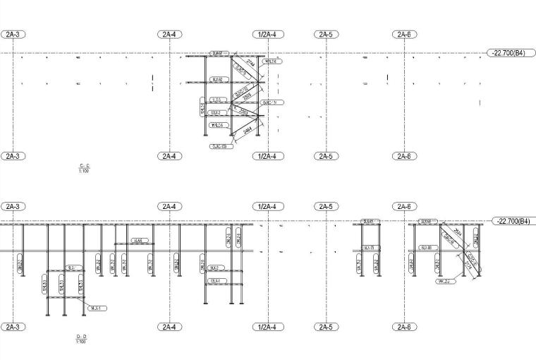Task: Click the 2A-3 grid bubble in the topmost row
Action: tap(13, 34)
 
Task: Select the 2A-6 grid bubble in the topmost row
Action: tap(403, 34)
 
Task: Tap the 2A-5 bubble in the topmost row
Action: tap(325, 34)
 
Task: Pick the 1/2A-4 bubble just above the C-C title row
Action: tap(267, 155)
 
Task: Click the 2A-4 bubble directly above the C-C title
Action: tap(169, 155)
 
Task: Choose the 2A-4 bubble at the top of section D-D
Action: tap(169, 207)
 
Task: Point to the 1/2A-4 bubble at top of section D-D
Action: tap(267, 207)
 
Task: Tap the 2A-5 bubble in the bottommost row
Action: tap(325, 327)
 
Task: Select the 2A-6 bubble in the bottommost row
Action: tap(403, 327)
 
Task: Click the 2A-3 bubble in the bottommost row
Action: tap(13, 327)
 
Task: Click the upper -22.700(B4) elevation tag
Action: tap(506, 53)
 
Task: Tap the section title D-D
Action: tap(81, 337)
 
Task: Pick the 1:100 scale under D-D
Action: tap(81, 342)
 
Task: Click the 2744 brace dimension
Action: tap(233, 62)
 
